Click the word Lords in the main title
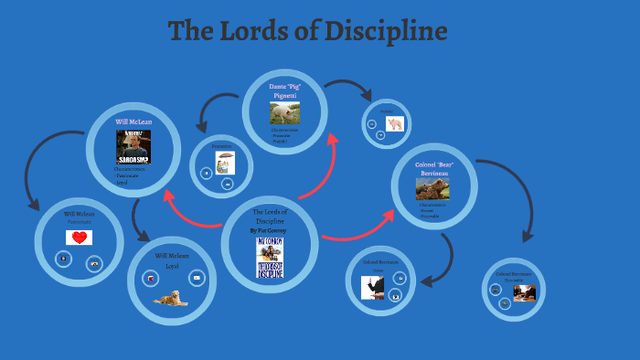[255, 32]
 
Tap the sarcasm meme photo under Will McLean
[133, 146]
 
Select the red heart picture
[80, 238]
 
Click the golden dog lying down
[171, 297]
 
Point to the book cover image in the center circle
[270, 258]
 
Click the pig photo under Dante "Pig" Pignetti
[284, 111]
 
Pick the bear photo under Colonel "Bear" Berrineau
[432, 189]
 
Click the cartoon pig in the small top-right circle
[395, 124]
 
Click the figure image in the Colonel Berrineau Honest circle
[372, 287]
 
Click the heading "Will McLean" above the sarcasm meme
[133, 122]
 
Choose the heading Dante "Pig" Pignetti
[284, 90]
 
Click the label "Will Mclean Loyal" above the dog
[172, 260]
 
